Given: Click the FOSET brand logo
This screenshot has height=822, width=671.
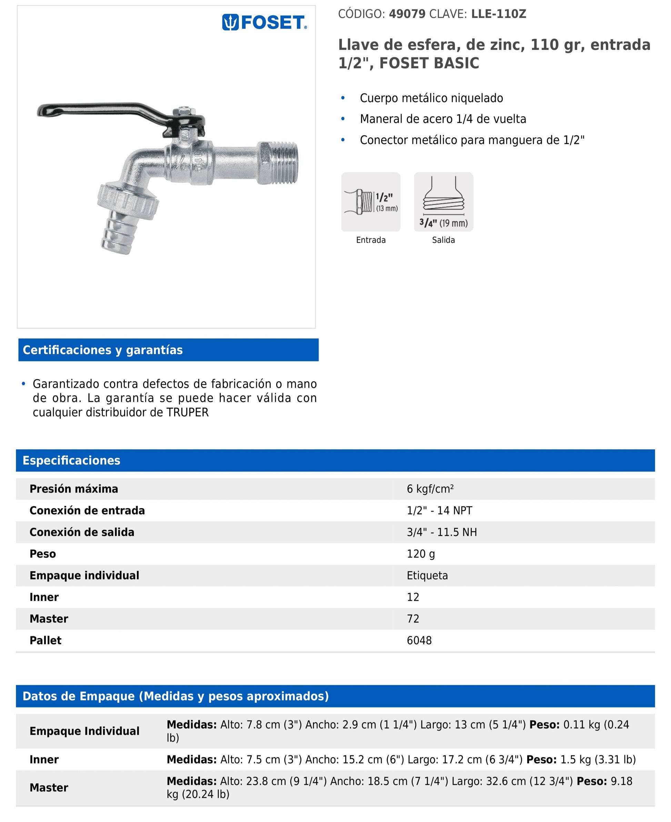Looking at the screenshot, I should pos(264,22).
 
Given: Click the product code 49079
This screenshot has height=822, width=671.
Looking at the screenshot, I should pos(407,14).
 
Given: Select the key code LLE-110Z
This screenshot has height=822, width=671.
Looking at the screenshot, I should pos(499,14).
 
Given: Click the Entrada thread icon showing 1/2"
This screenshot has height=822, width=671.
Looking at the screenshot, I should pos(371,202).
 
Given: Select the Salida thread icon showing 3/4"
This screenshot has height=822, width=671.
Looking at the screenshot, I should pos(443,202).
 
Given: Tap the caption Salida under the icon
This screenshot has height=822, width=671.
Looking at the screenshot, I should pos(443,240).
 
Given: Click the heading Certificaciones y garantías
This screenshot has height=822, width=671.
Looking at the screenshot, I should pos(103,350).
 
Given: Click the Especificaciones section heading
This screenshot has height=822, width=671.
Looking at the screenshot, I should pos(71,460).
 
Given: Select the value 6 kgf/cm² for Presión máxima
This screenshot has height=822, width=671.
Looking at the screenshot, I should pos(430,489).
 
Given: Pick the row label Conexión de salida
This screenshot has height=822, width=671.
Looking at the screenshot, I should pos(82,532).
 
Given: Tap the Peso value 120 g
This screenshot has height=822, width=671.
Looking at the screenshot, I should pos(421,554).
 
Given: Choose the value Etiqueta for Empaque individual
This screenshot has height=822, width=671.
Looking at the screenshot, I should pos(427,576).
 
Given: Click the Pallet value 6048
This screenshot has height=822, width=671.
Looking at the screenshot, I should pos(419,640).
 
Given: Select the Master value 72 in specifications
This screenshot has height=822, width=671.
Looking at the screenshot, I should pos(413,619).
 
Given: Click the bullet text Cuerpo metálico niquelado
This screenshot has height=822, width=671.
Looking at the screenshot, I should pos(431,98).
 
